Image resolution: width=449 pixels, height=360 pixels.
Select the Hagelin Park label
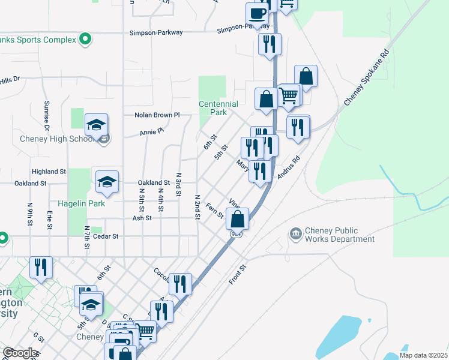tap(81, 204)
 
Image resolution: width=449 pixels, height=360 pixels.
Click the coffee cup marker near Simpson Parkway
tap(257, 13)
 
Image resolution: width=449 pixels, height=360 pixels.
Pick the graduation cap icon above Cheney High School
tap(96, 125)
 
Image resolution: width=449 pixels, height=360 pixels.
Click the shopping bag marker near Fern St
tap(238, 219)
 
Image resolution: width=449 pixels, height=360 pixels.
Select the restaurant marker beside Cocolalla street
tap(181, 283)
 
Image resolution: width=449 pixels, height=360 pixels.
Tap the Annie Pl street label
tap(151, 131)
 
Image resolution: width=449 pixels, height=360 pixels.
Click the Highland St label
tap(49, 172)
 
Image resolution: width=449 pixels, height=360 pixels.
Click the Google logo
tap(20, 353)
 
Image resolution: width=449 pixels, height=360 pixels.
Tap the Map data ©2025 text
tap(423, 355)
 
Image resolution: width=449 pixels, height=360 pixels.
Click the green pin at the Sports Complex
tap(86, 40)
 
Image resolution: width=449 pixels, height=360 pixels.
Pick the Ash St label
tap(142, 219)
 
